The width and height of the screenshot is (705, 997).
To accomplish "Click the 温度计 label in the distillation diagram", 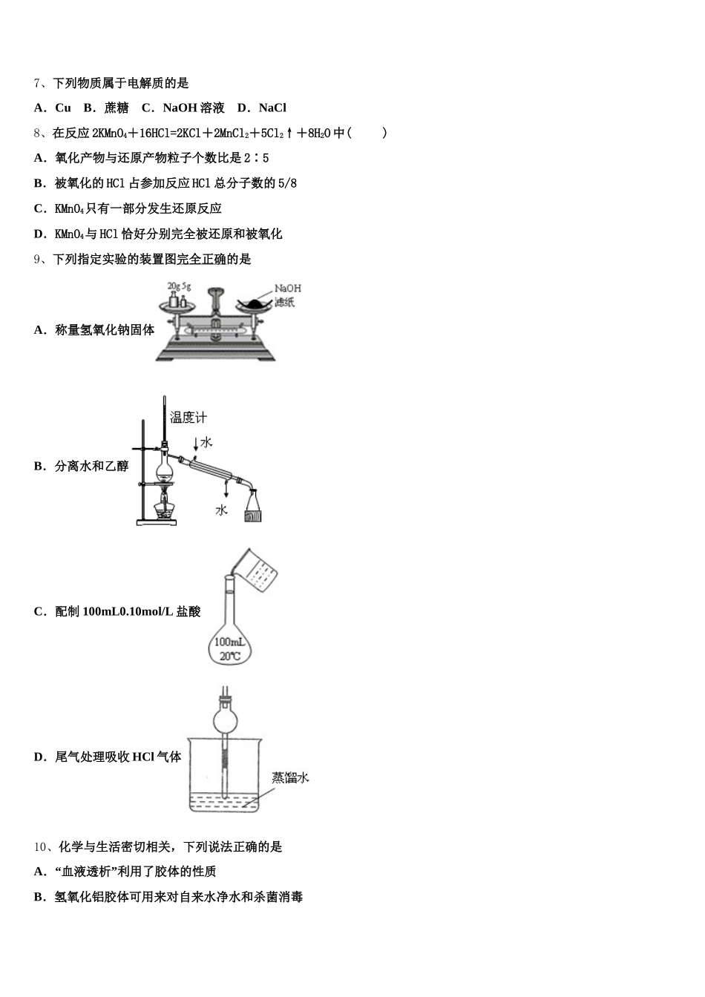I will pos(188,418).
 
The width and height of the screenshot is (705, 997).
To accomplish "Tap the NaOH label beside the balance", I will pos(288,289).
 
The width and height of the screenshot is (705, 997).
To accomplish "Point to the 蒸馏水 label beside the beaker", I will pos(289,777).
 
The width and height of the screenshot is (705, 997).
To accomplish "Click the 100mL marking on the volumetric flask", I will pos(229,642).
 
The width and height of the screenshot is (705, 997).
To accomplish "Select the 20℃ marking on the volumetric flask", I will pos(230,656).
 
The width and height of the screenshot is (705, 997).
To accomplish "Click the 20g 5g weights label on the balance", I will pos(179,286).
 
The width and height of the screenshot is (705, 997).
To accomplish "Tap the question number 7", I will pos(38,83).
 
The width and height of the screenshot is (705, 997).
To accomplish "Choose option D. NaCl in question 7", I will pos(262,108).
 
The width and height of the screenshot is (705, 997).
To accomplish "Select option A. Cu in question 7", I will pos(53,108).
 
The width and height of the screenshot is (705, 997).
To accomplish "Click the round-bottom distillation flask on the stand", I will pos(164,468).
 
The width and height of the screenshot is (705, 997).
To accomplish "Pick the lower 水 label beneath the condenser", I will pos(221,510).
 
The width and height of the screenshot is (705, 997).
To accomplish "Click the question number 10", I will pos(41,846).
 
